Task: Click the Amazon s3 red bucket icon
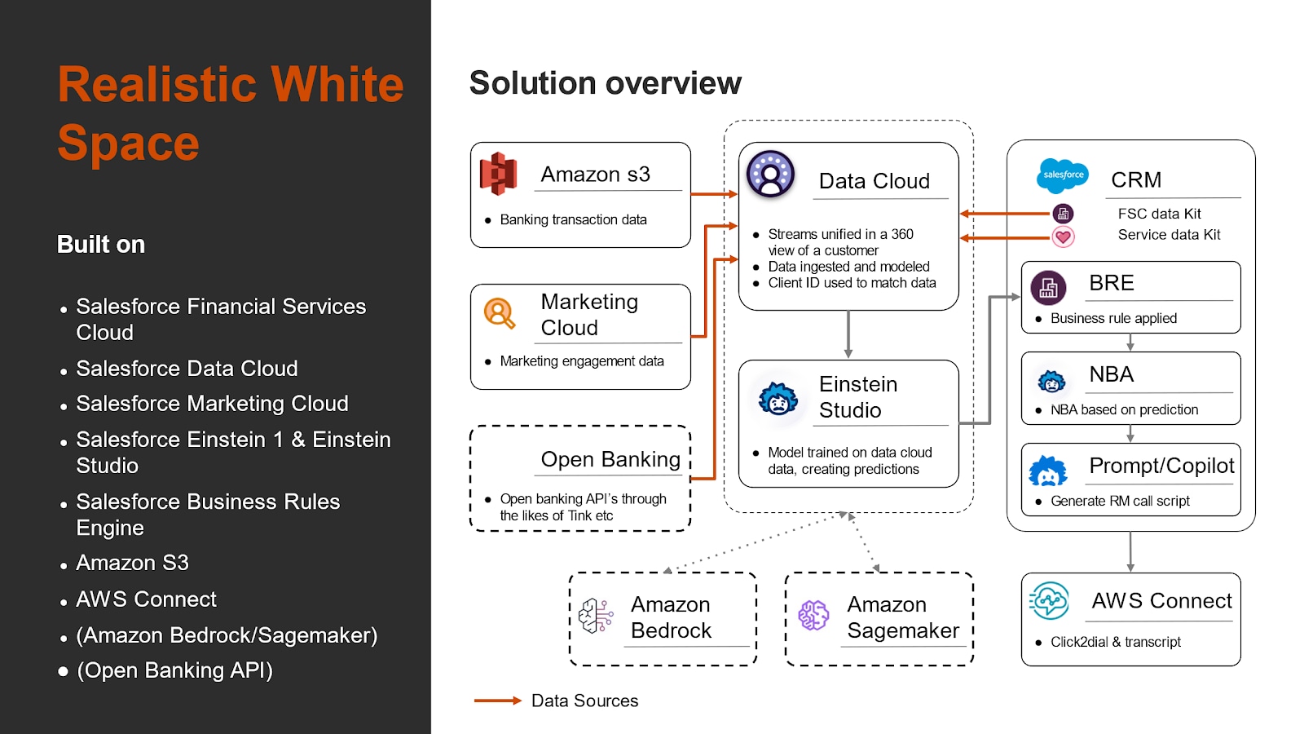pyautogui.click(x=498, y=174)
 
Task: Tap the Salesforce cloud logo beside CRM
pyautogui.click(x=1063, y=175)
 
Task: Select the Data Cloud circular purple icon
pyautogui.click(x=770, y=174)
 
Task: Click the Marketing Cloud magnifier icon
pyautogui.click(x=499, y=313)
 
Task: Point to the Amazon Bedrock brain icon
pyautogui.click(x=596, y=616)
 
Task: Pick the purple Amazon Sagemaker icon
pyautogui.click(x=813, y=615)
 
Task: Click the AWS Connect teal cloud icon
pyautogui.click(x=1049, y=601)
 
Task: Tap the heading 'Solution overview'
pyautogui.click(x=605, y=83)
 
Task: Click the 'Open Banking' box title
pyautogui.click(x=610, y=459)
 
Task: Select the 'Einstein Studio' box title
pyautogui.click(x=857, y=397)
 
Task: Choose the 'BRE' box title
pyautogui.click(x=1112, y=283)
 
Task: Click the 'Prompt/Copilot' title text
pyautogui.click(x=1161, y=466)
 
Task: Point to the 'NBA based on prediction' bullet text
pyautogui.click(x=1124, y=409)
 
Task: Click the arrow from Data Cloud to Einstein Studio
pyautogui.click(x=848, y=334)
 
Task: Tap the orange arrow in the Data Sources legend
pyautogui.click(x=497, y=701)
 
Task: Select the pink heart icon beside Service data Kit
pyautogui.click(x=1063, y=237)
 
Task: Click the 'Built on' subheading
pyautogui.click(x=101, y=245)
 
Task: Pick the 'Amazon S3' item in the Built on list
pyautogui.click(x=132, y=563)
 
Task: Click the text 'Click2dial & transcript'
pyautogui.click(x=1115, y=642)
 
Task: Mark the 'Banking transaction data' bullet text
pyautogui.click(x=573, y=219)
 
